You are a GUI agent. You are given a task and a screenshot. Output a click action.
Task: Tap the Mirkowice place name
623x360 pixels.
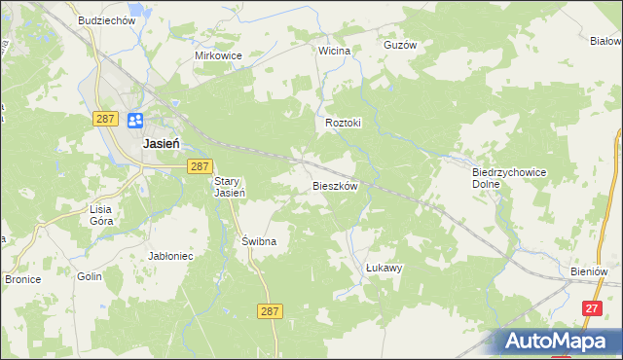[218, 55]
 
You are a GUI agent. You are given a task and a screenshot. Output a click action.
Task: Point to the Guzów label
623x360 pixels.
[400, 45]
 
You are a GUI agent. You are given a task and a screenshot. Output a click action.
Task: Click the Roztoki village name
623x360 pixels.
[343, 124]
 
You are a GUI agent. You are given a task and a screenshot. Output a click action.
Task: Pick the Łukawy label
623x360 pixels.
[384, 268]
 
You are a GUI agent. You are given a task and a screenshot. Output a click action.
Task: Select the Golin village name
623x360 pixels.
[90, 277]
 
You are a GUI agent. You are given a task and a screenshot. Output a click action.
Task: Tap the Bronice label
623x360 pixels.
[21, 279]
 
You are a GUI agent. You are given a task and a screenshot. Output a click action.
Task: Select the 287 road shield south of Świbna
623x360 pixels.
[272, 310]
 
